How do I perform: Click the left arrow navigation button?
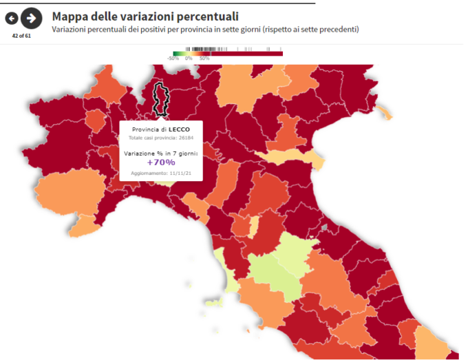click(12, 18)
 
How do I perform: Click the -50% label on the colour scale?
click(173, 59)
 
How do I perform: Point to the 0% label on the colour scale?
click(189, 59)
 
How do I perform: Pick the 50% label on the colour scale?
click(204, 59)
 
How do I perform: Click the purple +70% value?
click(160, 162)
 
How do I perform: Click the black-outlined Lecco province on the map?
click(162, 98)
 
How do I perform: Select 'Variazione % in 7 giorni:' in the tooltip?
click(160, 152)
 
